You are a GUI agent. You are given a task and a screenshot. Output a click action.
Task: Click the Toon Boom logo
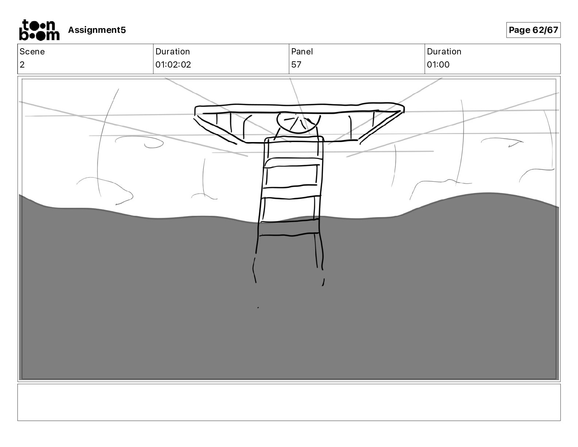click(39, 30)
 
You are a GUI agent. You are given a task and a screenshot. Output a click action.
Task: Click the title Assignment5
click(97, 30)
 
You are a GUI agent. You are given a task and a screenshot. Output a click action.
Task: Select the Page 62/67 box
click(533, 30)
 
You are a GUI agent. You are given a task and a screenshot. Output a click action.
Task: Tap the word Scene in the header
click(32, 51)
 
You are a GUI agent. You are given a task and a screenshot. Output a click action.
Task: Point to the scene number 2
click(22, 65)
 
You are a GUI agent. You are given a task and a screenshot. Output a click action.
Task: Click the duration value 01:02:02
click(173, 65)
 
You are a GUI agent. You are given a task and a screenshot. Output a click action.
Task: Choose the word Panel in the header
click(302, 51)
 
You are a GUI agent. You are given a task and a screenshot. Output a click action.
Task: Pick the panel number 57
click(296, 65)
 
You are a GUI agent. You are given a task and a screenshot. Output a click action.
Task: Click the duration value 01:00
click(438, 65)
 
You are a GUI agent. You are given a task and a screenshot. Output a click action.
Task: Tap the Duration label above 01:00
click(444, 51)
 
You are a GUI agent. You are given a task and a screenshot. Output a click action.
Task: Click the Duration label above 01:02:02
click(173, 51)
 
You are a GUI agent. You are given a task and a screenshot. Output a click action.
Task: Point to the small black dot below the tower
click(258, 307)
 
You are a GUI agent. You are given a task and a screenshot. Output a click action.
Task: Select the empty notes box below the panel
click(289, 402)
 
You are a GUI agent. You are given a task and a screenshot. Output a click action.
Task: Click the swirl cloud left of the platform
click(140, 142)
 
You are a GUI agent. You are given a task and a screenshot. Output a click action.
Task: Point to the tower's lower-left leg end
click(255, 281)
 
